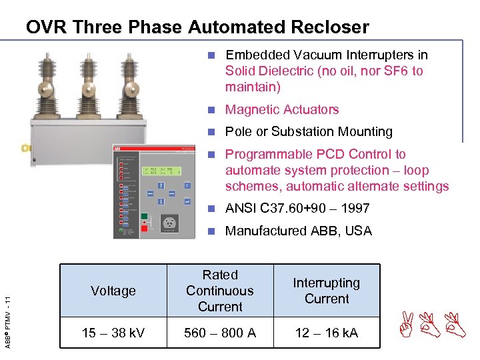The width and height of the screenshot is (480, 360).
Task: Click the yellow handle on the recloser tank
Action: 25,148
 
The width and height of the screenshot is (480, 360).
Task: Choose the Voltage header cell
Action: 113,291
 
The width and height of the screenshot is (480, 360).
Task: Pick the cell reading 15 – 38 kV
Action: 113,333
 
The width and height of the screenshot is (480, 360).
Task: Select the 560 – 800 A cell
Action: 220,333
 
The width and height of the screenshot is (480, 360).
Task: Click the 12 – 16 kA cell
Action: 327,333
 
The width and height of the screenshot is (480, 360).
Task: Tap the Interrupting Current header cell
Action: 327,291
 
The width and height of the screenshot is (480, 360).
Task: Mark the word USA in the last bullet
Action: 357,231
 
